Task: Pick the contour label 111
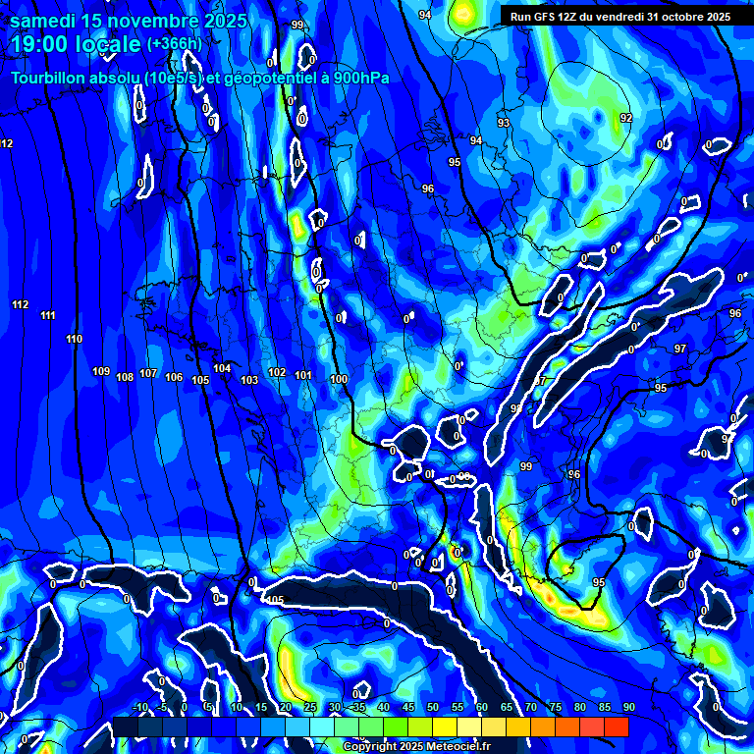[x=48, y=315]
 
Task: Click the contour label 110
[x=75, y=339]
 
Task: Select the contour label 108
[x=125, y=377]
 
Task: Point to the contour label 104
[x=222, y=369]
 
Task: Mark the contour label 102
[x=277, y=373]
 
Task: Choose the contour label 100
[x=339, y=379]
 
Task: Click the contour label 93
[x=504, y=123]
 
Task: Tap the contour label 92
[x=626, y=118]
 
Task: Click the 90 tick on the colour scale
[x=628, y=707]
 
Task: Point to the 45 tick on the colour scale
[x=407, y=707]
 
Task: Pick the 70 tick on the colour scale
[x=530, y=707]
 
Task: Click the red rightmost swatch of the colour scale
[x=616, y=727]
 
